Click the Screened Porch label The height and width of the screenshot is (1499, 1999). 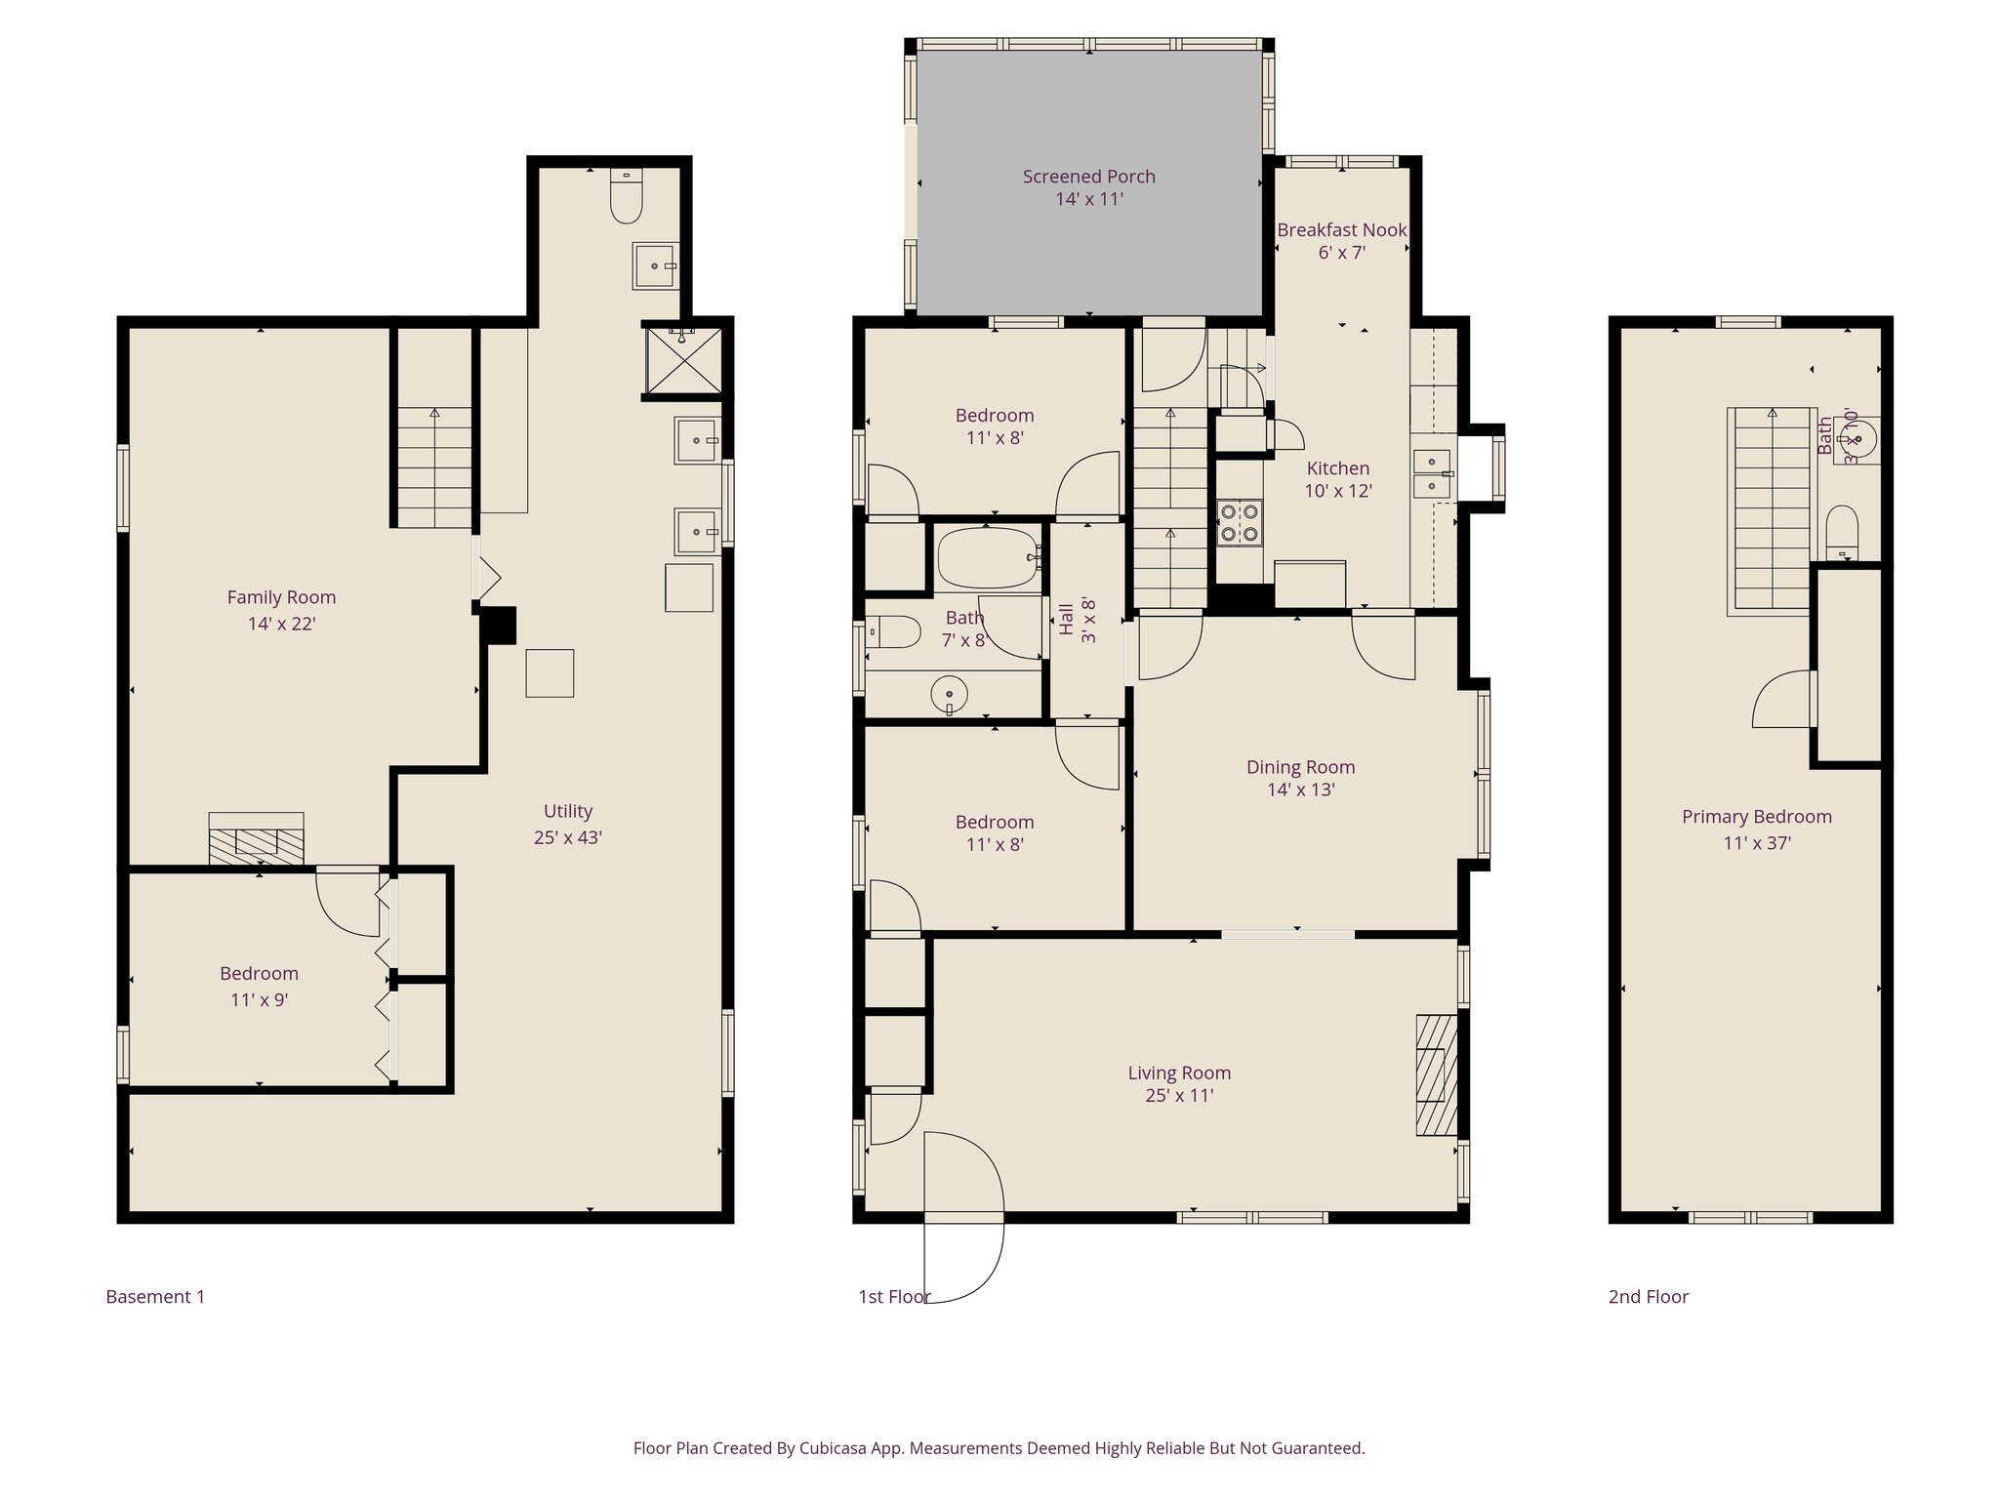(x=1088, y=177)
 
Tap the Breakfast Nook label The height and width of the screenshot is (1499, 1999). (x=1341, y=230)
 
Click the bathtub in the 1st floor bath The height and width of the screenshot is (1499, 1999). (x=987, y=557)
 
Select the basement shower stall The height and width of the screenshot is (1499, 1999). (x=682, y=360)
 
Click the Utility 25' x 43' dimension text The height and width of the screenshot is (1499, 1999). (x=567, y=837)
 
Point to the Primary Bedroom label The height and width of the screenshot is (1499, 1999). (x=1756, y=817)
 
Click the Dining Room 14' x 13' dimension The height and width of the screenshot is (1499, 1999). (x=1300, y=790)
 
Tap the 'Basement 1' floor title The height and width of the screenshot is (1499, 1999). (x=155, y=1297)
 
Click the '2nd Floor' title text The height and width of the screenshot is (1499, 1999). (x=1648, y=1297)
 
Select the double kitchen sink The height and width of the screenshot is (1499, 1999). (x=1432, y=473)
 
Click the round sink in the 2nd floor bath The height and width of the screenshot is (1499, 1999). (x=1858, y=439)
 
